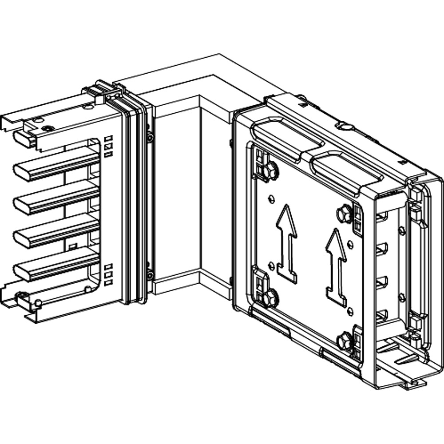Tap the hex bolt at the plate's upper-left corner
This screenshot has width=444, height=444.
[270, 171]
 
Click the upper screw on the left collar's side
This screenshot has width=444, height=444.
[150, 138]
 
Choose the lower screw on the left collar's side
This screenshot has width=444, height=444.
[150, 275]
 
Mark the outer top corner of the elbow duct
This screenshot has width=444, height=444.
[220, 55]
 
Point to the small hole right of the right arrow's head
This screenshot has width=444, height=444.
[351, 244]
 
